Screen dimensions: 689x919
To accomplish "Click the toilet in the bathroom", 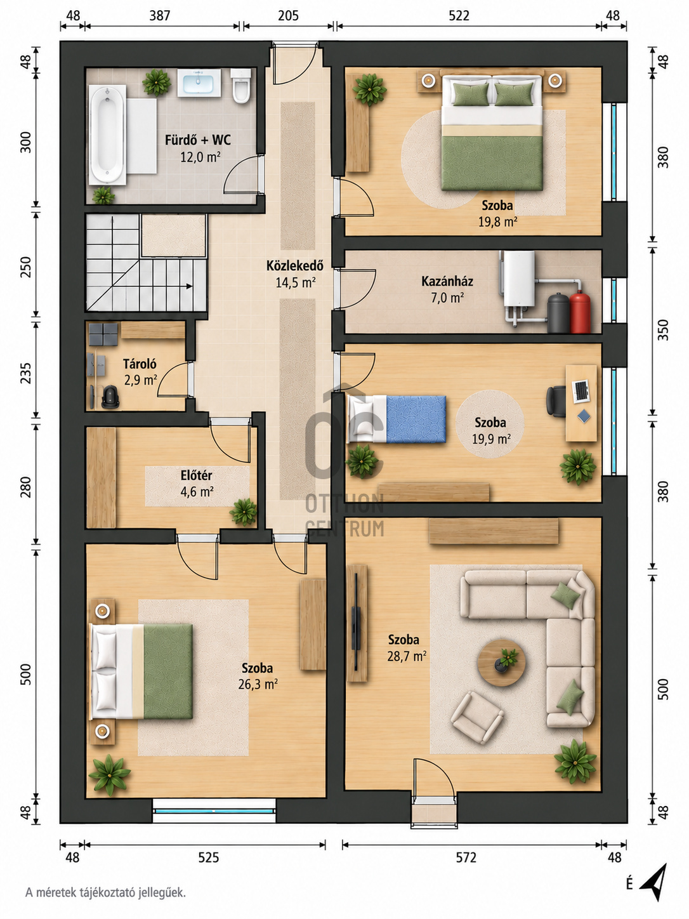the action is click(241, 86).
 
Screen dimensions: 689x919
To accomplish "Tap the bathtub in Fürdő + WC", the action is click(107, 135).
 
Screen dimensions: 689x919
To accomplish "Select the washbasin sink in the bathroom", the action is click(199, 83).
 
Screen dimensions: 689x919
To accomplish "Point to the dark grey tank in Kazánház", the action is click(558, 313).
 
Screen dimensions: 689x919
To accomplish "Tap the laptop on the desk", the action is click(581, 391).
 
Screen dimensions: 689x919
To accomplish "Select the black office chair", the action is click(556, 401).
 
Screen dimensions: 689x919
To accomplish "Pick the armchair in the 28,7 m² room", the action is click(477, 718).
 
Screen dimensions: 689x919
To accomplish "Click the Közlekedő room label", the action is click(295, 265).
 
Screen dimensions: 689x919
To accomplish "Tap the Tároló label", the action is click(140, 364).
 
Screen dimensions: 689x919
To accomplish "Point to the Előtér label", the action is click(196, 475).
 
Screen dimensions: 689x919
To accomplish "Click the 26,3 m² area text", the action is click(258, 684).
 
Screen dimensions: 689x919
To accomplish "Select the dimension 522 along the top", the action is click(459, 15).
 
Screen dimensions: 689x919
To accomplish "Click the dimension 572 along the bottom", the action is click(466, 858).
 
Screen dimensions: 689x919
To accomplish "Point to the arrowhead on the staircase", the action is click(189, 286).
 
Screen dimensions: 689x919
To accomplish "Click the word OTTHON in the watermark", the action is click(344, 504).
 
